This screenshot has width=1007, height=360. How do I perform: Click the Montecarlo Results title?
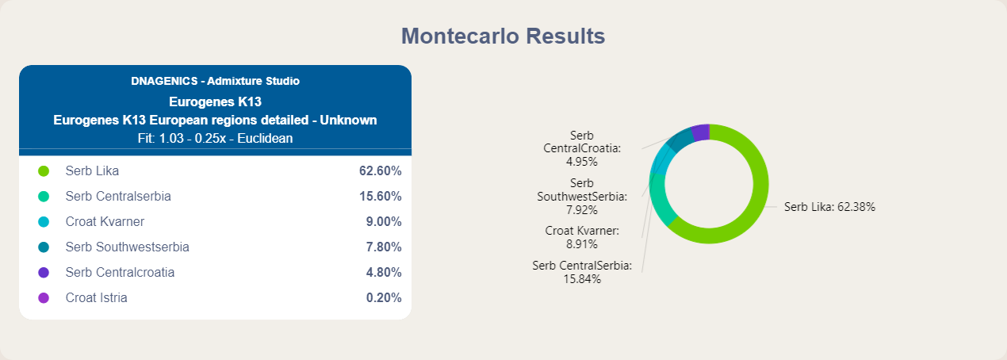pyautogui.click(x=503, y=36)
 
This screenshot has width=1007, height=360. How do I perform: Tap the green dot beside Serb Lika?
pyautogui.click(x=44, y=171)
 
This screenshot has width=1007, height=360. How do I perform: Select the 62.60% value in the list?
pyautogui.click(x=380, y=171)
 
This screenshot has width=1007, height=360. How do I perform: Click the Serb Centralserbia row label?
pyautogui.click(x=118, y=197)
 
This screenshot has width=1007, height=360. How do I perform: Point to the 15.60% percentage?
pyautogui.click(x=380, y=197)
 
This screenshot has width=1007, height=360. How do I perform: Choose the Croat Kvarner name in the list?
pyautogui.click(x=105, y=221)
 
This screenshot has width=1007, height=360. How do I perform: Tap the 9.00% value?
pyautogui.click(x=384, y=221)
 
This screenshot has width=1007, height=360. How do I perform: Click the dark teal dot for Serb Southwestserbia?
pyautogui.click(x=44, y=247)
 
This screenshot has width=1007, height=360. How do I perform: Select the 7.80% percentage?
pyautogui.click(x=384, y=247)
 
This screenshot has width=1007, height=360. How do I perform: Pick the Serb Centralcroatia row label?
pyautogui.click(x=120, y=272)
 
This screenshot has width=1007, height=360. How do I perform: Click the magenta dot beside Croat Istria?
pyautogui.click(x=44, y=298)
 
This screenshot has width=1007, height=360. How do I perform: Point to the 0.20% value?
pyautogui.click(x=384, y=298)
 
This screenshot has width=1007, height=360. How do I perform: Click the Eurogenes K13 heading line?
pyautogui.click(x=216, y=102)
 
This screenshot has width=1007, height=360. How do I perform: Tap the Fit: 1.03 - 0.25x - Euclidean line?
pyautogui.click(x=216, y=139)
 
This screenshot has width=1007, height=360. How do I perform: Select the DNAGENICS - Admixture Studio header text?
pyautogui.click(x=216, y=81)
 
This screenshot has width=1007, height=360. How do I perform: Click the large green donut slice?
pyautogui.click(x=760, y=184)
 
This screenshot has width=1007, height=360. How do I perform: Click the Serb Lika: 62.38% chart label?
pyautogui.click(x=829, y=207)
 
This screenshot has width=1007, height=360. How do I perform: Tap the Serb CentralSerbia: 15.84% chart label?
pyautogui.click(x=582, y=272)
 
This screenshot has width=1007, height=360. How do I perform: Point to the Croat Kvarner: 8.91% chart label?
pyautogui.click(x=582, y=237)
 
